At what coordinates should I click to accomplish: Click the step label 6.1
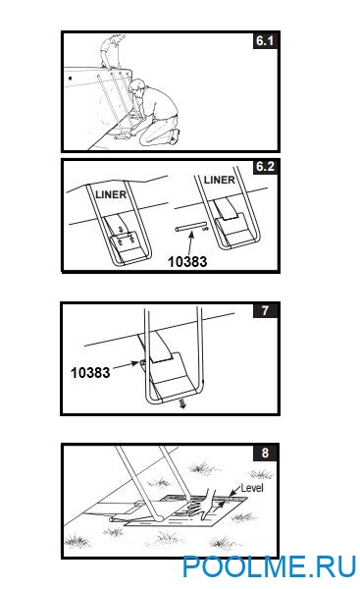(x=265, y=40)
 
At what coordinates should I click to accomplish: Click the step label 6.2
(x=265, y=167)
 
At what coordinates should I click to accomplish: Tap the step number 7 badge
(x=266, y=310)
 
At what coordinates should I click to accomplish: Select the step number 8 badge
(x=266, y=453)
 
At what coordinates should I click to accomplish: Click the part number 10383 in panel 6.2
(x=187, y=261)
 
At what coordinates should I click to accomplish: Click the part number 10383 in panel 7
(x=90, y=372)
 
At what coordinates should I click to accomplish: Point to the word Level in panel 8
(x=252, y=488)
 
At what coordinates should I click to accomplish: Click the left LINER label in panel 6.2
(x=111, y=194)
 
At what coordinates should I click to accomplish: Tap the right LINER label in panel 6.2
(x=219, y=180)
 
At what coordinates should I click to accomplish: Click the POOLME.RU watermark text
(x=269, y=566)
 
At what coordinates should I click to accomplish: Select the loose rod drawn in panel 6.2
(x=190, y=228)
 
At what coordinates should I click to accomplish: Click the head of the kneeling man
(x=136, y=86)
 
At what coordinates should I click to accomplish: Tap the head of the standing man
(x=118, y=38)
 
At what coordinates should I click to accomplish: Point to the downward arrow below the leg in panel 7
(x=182, y=403)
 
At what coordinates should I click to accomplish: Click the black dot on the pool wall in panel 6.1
(x=71, y=79)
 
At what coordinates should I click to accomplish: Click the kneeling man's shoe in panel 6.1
(x=175, y=136)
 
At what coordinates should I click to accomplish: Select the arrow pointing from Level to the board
(x=234, y=492)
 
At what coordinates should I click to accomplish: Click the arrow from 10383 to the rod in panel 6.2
(x=191, y=243)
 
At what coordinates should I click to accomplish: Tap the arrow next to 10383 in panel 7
(x=126, y=365)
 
